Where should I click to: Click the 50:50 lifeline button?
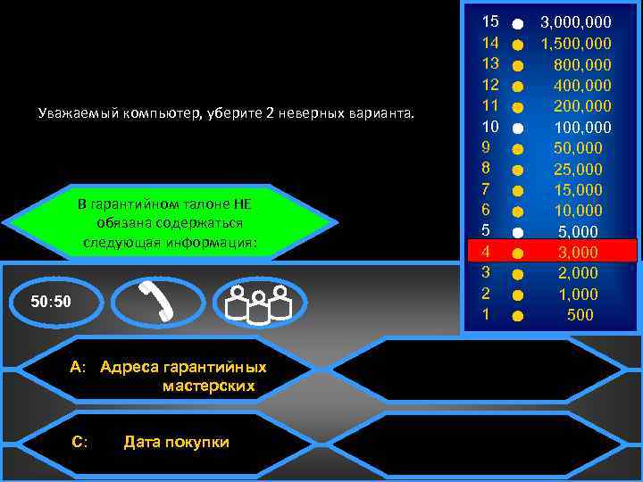(x=51, y=302)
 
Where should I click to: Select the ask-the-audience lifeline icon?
(x=260, y=302)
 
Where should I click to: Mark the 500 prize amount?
(x=580, y=315)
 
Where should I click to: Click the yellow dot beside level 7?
(x=518, y=190)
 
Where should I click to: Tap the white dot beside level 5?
(x=518, y=232)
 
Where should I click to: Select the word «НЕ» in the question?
(x=244, y=204)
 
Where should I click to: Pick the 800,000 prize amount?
(x=582, y=64)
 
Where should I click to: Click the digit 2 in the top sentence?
(x=269, y=113)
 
